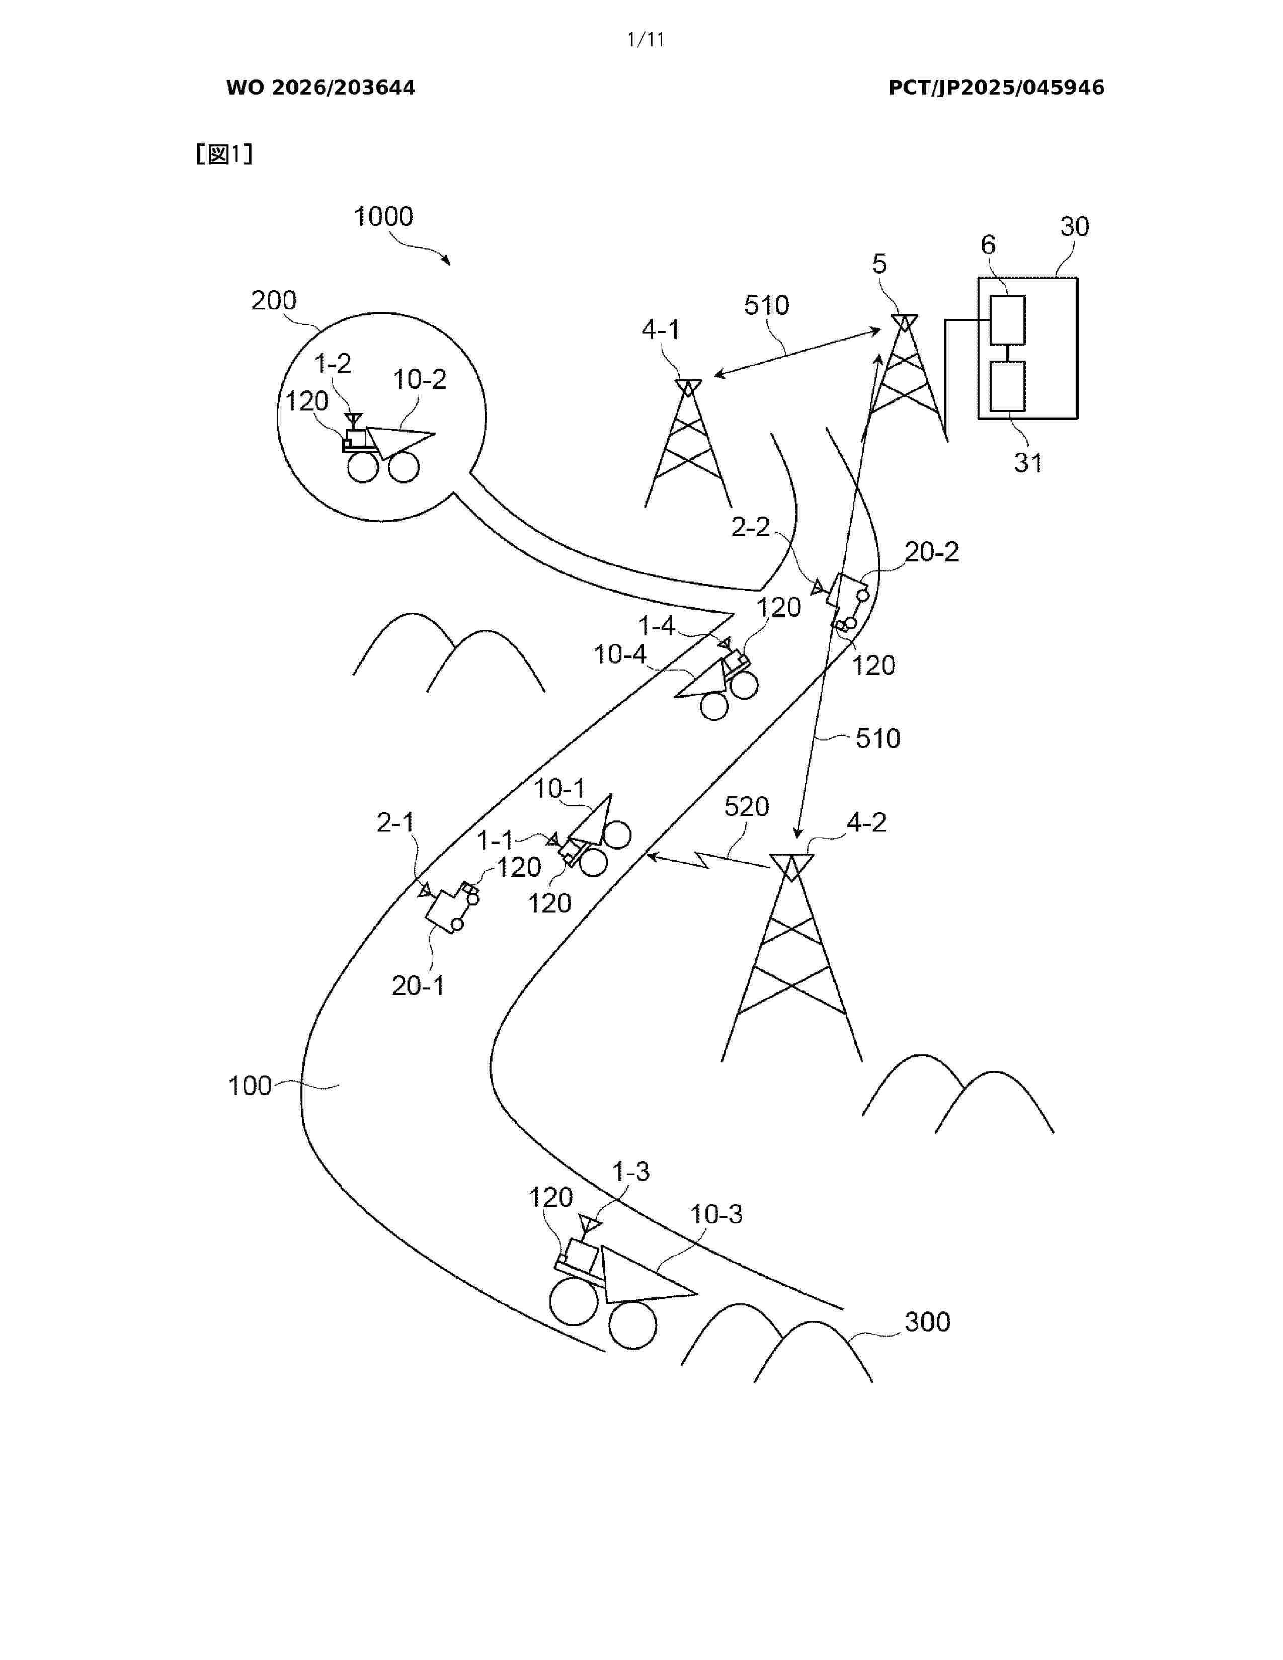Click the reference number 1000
[384, 217]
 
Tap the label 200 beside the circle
[274, 300]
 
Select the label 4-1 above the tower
[661, 330]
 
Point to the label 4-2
[866, 822]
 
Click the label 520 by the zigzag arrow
[746, 806]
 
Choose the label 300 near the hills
[927, 1322]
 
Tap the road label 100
[250, 1086]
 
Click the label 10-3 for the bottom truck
[716, 1214]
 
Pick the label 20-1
[417, 986]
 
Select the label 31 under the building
[1027, 463]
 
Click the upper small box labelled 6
[1007, 320]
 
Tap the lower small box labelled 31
[1007, 386]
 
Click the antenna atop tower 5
[905, 323]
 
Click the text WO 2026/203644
[321, 88]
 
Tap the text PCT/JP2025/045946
[996, 88]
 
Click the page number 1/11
[646, 40]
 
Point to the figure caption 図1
[224, 155]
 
